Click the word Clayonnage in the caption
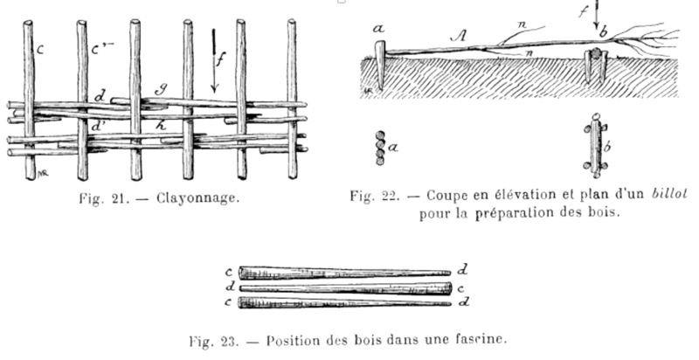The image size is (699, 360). (197, 198)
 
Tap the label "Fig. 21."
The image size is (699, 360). (104, 198)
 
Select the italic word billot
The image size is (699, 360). (669, 194)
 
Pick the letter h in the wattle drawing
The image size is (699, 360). (161, 126)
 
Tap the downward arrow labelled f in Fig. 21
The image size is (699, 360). (213, 61)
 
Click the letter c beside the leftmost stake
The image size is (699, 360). (39, 49)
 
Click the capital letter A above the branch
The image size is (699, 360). (459, 35)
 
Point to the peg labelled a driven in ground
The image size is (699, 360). (380, 65)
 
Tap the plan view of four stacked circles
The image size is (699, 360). (380, 148)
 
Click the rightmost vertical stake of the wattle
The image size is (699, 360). (292, 99)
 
